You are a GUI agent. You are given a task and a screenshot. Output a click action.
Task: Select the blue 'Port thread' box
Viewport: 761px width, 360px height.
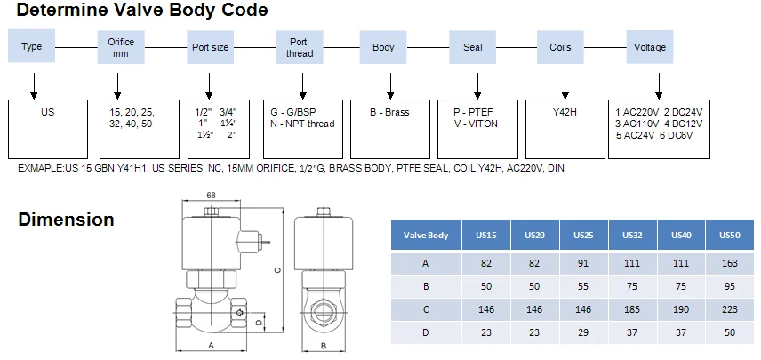[300, 47]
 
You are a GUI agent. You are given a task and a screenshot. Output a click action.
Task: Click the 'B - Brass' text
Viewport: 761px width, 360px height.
[389, 113]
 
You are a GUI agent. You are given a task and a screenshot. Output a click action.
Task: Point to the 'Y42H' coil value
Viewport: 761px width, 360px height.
[565, 113]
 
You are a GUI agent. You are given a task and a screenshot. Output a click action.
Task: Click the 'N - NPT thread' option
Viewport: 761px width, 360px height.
[303, 124]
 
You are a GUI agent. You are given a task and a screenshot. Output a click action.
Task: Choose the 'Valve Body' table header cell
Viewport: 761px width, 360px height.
[426, 236]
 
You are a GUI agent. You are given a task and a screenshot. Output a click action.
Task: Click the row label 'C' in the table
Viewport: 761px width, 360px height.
[426, 308]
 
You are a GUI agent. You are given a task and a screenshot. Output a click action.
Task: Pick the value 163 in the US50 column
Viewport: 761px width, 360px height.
[729, 263]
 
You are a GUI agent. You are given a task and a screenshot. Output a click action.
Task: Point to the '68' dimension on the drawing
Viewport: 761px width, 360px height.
[212, 196]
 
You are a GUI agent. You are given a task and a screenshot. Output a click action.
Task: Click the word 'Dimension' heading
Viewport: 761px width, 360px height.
[66, 220]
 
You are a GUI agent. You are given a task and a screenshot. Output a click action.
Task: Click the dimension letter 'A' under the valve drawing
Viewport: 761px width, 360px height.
[212, 345]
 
